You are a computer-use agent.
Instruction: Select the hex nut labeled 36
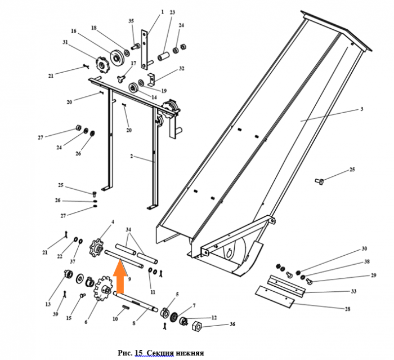198,325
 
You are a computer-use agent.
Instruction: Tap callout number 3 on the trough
362,109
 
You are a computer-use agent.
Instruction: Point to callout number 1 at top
162,12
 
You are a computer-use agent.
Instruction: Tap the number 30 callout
364,248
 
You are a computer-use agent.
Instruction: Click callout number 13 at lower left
48,304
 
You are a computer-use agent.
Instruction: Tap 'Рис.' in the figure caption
124,353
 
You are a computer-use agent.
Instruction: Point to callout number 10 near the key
115,319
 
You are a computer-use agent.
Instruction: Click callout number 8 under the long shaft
135,324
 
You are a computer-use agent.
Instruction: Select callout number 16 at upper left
73,31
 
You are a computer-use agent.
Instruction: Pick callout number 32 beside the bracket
181,69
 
